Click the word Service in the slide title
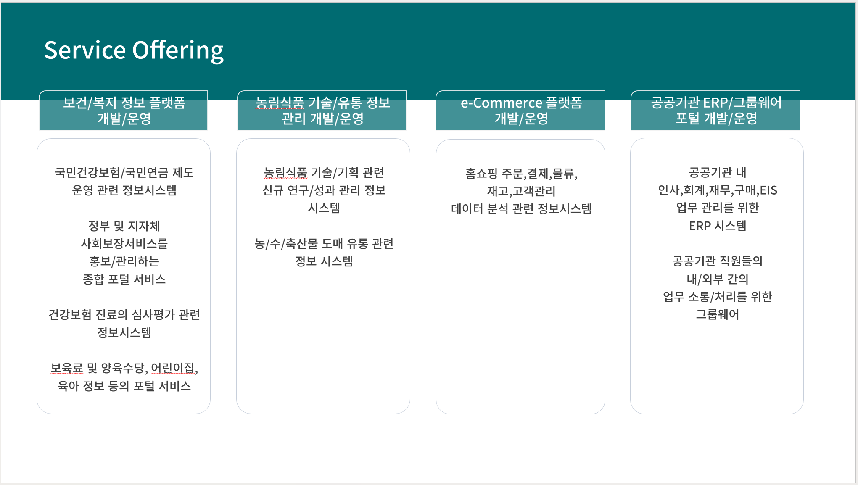coord(85,50)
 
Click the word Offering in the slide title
coord(178,51)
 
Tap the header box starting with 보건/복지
coord(123,111)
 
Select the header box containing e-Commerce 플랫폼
coord(520,111)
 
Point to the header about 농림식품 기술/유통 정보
coord(322,111)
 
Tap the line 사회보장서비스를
coord(124,243)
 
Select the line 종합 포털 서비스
coord(124,279)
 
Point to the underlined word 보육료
coord(67,368)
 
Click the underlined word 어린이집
coord(173,368)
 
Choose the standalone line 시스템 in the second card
coord(324,208)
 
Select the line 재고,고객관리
coord(521,191)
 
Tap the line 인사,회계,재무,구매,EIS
coord(718,190)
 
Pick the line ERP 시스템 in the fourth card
coord(718,226)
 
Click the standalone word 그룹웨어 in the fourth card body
coord(718,314)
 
